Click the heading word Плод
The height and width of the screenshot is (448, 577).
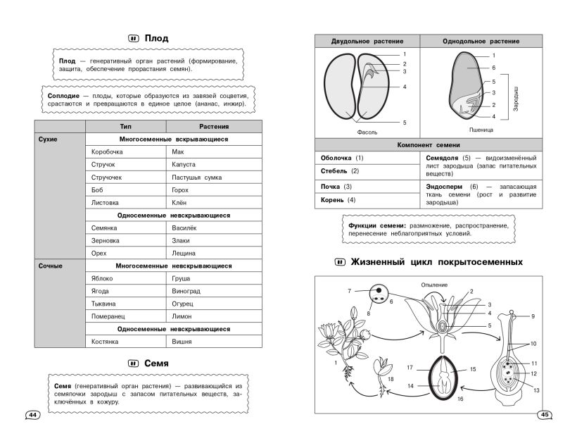(156, 38)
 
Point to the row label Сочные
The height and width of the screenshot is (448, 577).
(50, 266)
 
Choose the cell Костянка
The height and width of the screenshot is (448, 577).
(105, 342)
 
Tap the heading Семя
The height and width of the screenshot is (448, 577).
(156, 363)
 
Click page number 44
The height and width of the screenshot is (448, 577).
(32, 415)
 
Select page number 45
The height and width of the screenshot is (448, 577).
(544, 415)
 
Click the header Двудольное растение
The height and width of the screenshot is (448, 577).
(367, 41)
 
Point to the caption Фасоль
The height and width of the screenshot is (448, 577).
(367, 131)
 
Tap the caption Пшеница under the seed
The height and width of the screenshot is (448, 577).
(480, 130)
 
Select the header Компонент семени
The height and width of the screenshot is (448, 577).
(429, 144)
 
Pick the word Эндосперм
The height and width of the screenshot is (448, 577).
(444, 186)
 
